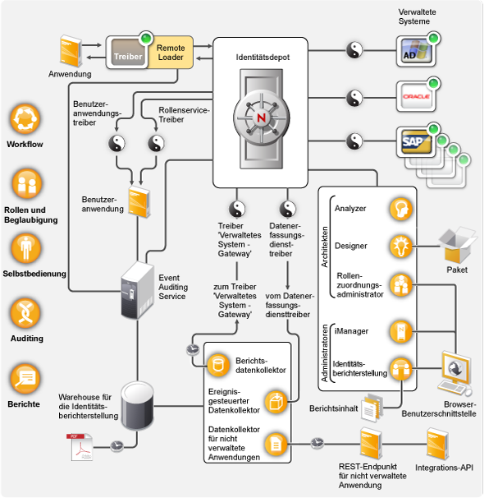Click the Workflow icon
tap(25, 119)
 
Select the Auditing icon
tap(25, 313)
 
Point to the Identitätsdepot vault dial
tap(261, 116)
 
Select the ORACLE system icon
tap(413, 96)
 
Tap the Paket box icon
tap(457, 246)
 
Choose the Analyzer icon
tap(400, 209)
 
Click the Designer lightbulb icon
tap(400, 245)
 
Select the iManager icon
tap(400, 330)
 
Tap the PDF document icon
tap(80, 445)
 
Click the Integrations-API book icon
tap(441, 445)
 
